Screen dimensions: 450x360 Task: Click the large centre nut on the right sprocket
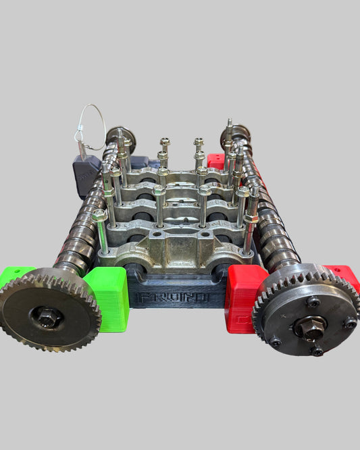310,326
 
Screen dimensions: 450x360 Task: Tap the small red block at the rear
215,161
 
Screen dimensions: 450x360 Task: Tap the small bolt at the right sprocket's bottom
316,350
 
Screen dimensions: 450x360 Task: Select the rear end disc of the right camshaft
231,134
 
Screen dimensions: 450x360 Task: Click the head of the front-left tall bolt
99,215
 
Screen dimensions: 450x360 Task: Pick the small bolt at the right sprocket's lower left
276,341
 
